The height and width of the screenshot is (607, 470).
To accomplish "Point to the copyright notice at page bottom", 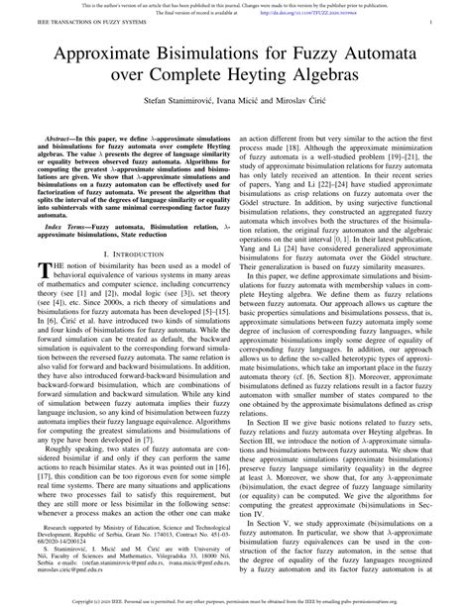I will pyautogui.click(x=234, y=600).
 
